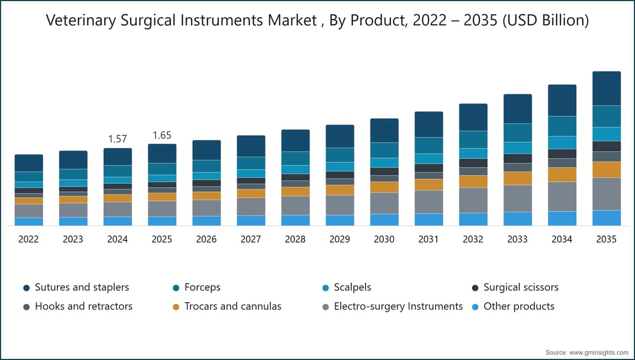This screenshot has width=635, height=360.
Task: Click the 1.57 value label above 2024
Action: click(117, 139)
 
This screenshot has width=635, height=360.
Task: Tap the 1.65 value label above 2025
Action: click(162, 136)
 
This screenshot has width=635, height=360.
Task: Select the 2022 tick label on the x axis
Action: click(29, 239)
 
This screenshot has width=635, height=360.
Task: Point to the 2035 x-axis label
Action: click(606, 239)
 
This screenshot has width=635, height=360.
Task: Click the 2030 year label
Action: click(384, 239)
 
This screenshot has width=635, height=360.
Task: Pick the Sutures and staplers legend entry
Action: click(76, 287)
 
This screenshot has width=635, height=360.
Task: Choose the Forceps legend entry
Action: click(196, 287)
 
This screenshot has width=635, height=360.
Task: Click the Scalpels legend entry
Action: click(347, 287)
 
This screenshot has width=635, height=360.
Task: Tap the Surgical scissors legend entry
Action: click(515, 287)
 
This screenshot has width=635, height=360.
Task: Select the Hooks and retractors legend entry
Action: click(78, 307)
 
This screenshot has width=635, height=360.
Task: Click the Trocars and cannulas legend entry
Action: click(227, 307)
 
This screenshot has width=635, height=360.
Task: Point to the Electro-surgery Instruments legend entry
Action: click(393, 307)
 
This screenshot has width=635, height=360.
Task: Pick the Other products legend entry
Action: click(513, 307)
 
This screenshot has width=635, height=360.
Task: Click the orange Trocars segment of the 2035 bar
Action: click(606, 169)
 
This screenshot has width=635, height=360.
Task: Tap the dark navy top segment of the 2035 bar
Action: click(606, 88)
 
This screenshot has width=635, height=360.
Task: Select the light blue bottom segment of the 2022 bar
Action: click(29, 222)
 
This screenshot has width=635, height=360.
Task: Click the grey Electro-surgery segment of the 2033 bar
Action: click(518, 199)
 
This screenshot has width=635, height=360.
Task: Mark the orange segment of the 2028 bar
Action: click(295, 192)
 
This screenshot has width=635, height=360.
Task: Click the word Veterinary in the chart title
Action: click(81, 21)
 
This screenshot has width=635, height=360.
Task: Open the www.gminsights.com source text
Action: click(598, 353)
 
